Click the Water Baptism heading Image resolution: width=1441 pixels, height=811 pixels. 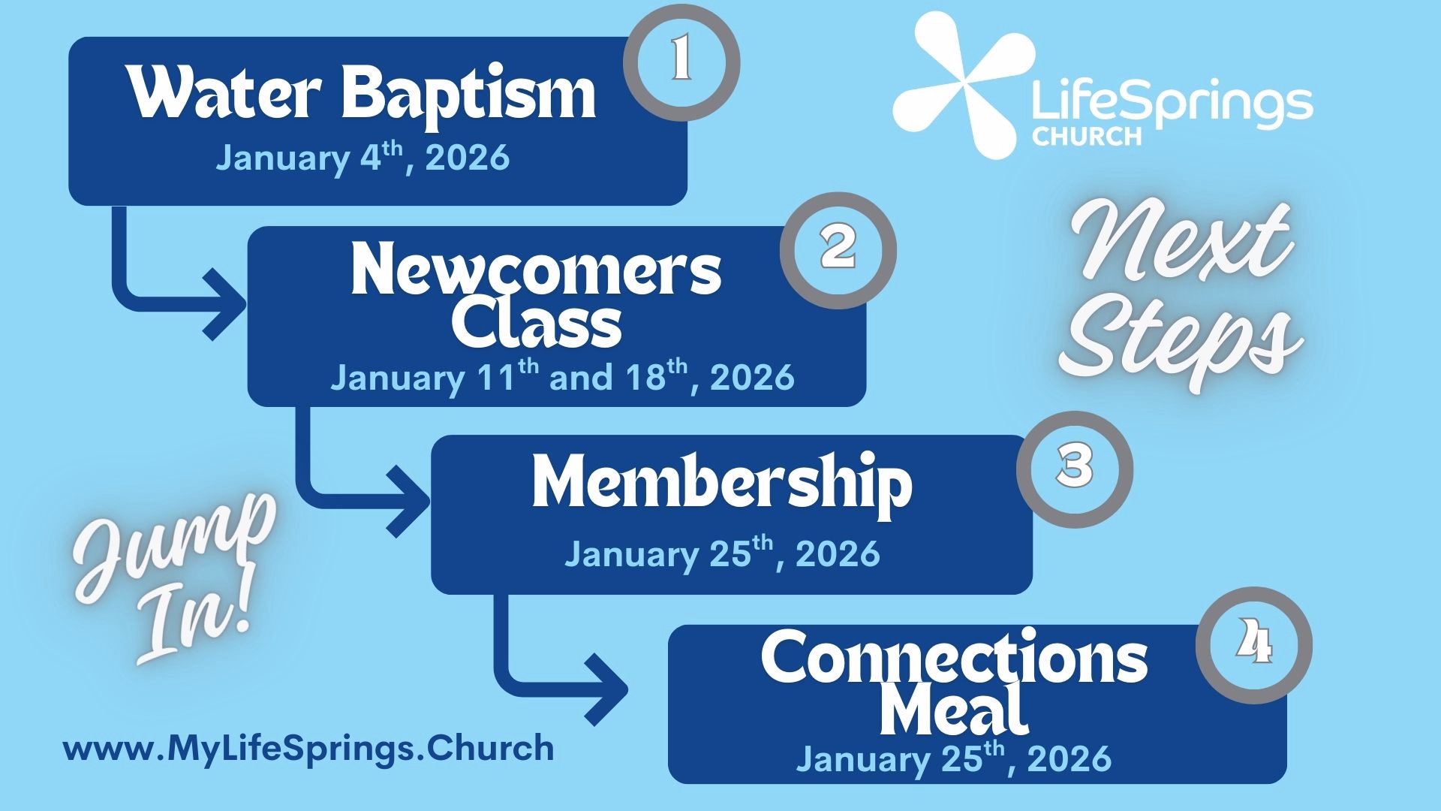[363, 94]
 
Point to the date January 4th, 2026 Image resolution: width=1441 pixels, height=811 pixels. [363, 157]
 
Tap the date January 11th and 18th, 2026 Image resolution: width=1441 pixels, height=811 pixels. [562, 376]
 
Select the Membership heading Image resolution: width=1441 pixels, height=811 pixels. [722, 484]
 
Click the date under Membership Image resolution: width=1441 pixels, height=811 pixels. [722, 553]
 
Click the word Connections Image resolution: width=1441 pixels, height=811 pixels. [954, 657]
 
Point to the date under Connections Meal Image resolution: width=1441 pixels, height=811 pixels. [954, 757]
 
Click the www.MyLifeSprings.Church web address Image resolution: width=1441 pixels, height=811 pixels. [308, 749]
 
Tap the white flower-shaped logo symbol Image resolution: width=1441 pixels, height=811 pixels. [964, 85]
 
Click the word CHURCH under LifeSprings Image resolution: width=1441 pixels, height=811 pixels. [1086, 136]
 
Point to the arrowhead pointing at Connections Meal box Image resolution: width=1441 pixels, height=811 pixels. [606, 690]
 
